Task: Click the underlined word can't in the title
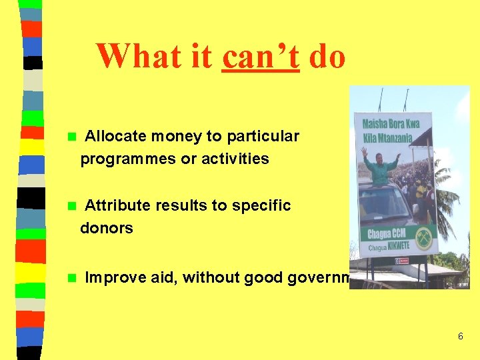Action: (x=261, y=57)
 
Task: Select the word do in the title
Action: (x=327, y=57)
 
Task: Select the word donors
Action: (x=107, y=229)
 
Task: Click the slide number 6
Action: (x=460, y=337)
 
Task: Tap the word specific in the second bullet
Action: (x=261, y=206)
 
